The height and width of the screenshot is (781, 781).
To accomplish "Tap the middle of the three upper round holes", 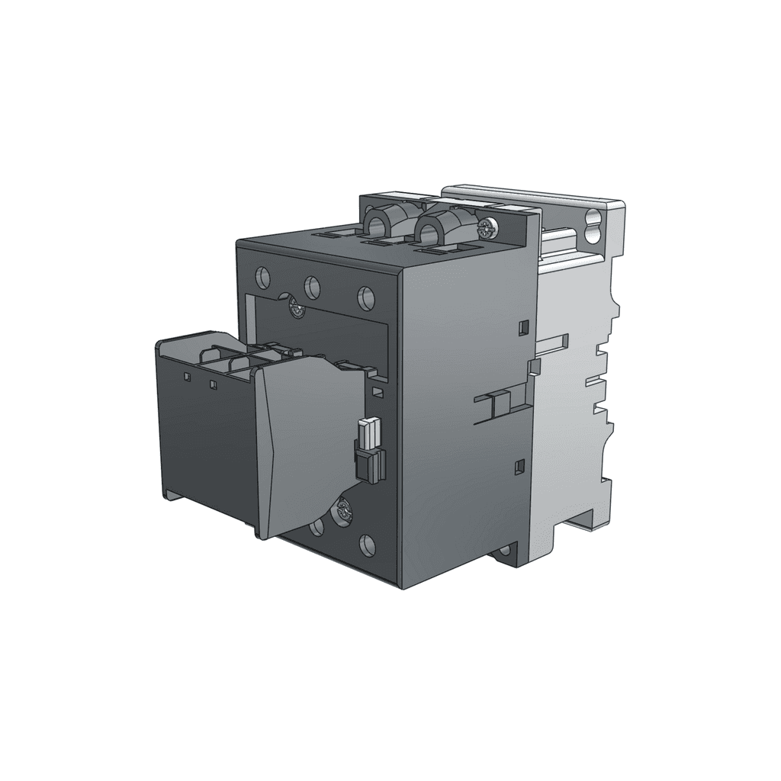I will pyautogui.click(x=312, y=286).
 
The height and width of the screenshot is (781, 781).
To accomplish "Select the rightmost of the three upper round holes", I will pyautogui.click(x=365, y=297).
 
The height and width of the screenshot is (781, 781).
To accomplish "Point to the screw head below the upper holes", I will pyautogui.click(x=295, y=309).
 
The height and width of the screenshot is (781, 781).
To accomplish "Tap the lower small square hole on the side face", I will pyautogui.click(x=521, y=464).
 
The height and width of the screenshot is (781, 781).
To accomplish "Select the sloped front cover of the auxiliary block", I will pyautogui.click(x=305, y=446).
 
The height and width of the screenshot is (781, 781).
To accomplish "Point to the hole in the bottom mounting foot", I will pyautogui.click(x=503, y=551).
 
